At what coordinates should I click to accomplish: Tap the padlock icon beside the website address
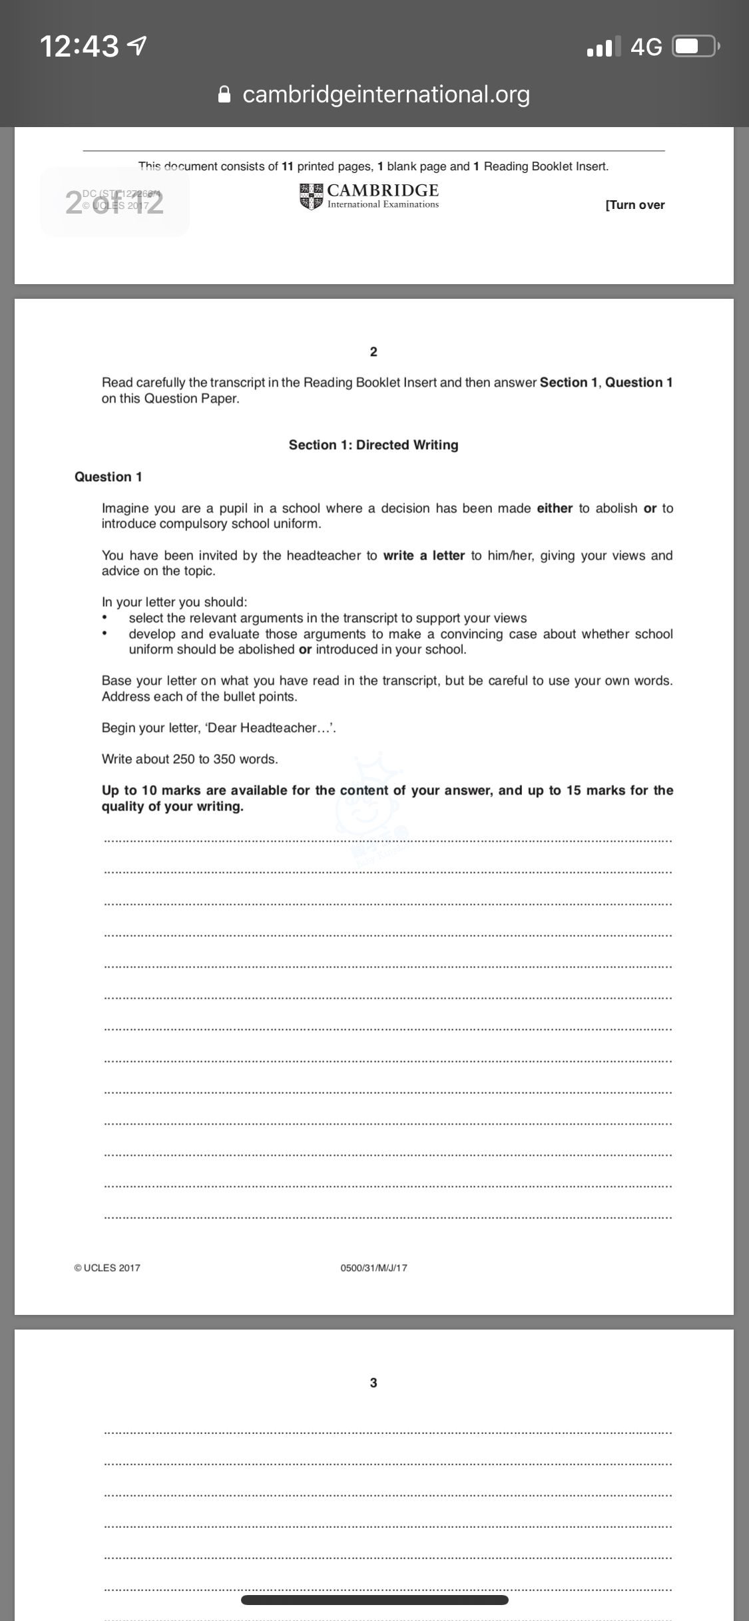tap(225, 94)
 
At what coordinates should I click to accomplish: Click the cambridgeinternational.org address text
tap(386, 94)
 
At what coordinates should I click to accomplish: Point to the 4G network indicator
tap(646, 47)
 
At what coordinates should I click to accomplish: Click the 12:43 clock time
tap(79, 47)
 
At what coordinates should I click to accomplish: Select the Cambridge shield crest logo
tap(310, 197)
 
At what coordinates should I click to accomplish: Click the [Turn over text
tap(634, 205)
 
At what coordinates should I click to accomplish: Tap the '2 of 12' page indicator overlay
tap(115, 202)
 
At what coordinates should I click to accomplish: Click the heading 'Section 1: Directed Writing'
tap(374, 445)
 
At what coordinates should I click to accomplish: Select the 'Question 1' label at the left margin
tap(109, 477)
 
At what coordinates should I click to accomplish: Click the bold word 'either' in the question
tap(555, 508)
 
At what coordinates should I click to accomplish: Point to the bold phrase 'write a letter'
tap(423, 556)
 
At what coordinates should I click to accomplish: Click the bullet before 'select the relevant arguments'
tap(105, 618)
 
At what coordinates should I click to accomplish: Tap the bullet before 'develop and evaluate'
tap(105, 634)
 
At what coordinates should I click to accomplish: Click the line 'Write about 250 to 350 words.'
tap(190, 759)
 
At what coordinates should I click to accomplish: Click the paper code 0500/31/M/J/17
tap(374, 1268)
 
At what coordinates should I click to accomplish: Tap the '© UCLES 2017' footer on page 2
tap(108, 1268)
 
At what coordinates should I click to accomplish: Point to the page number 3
tap(374, 1383)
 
